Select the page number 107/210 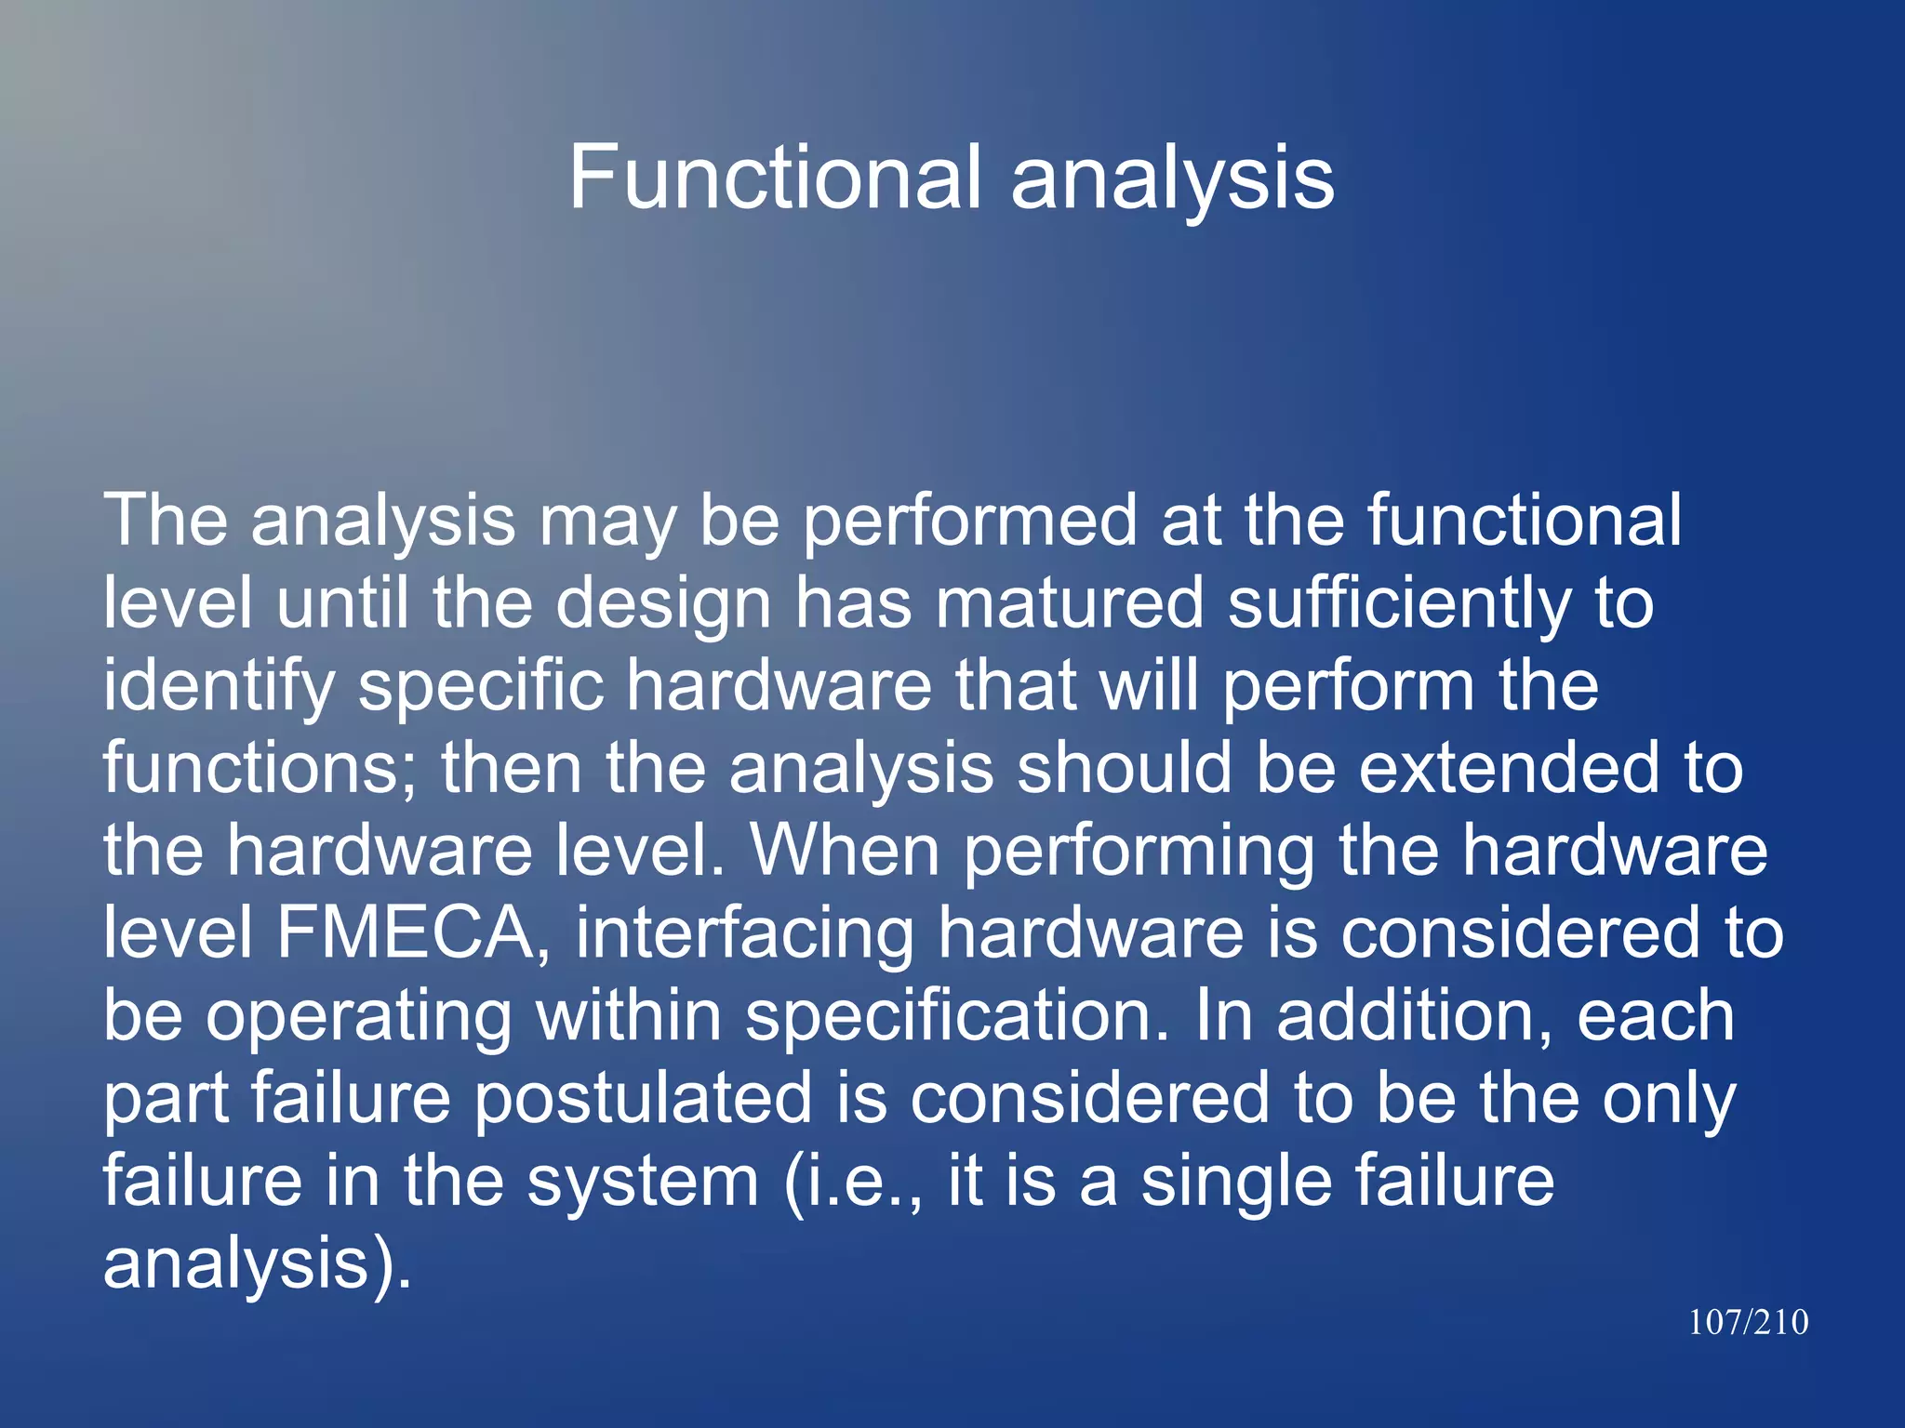coord(1748,1322)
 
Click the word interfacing coord(744,934)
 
